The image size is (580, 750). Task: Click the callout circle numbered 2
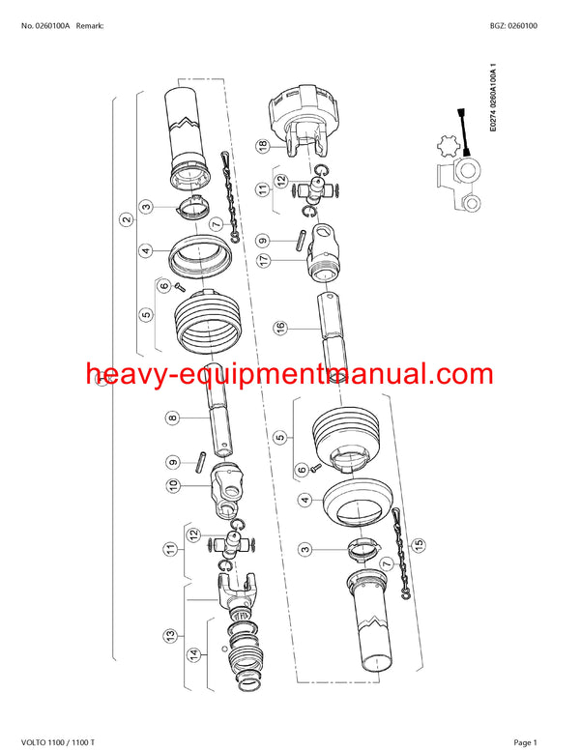coord(127,219)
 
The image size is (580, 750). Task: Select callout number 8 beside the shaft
coord(173,418)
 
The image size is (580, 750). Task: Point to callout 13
coord(170,635)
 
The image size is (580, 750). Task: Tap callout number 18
coord(262,146)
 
